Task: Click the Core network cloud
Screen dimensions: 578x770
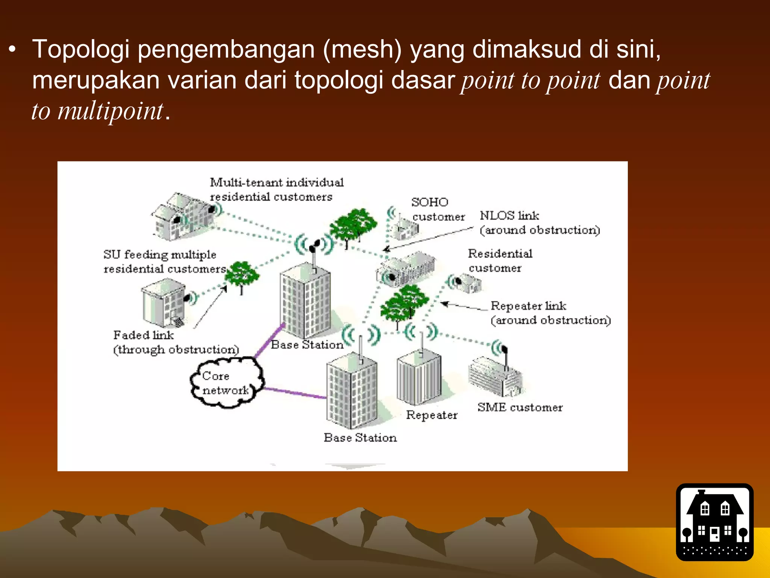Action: click(x=226, y=383)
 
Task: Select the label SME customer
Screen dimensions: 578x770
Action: click(x=520, y=407)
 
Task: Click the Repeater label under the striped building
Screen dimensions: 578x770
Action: click(x=432, y=415)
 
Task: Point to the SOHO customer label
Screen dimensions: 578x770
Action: click(x=438, y=210)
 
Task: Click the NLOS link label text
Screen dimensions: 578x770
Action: click(x=539, y=223)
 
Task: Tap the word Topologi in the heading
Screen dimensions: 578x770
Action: click(x=81, y=50)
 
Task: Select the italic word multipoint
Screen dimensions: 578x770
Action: click(x=110, y=111)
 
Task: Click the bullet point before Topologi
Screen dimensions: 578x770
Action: click(x=12, y=50)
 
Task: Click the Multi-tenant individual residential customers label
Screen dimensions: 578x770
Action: click(x=276, y=189)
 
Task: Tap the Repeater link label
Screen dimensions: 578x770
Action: click(x=550, y=313)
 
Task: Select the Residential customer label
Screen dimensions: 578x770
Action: click(x=500, y=261)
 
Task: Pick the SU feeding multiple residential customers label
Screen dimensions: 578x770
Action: click(x=164, y=262)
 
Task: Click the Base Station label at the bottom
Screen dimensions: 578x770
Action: click(x=360, y=438)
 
